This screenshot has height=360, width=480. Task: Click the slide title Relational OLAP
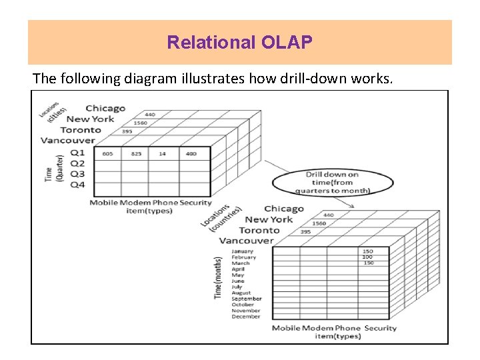point(239,43)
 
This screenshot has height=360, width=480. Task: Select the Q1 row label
point(77,153)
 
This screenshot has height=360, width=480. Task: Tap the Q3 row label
point(77,174)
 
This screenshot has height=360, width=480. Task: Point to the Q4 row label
point(77,185)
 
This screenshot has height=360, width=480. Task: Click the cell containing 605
point(107,154)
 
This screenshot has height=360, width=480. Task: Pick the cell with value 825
point(136,154)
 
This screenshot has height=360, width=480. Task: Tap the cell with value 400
point(191,154)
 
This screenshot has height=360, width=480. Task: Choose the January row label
point(242,251)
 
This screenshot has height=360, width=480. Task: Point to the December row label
point(245,317)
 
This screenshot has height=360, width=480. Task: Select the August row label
point(241,293)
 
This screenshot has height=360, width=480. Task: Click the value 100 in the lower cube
point(367,257)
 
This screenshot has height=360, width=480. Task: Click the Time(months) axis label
point(217,277)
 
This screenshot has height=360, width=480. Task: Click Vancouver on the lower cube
point(246,241)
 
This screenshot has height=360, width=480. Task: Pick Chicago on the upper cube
point(105,108)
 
